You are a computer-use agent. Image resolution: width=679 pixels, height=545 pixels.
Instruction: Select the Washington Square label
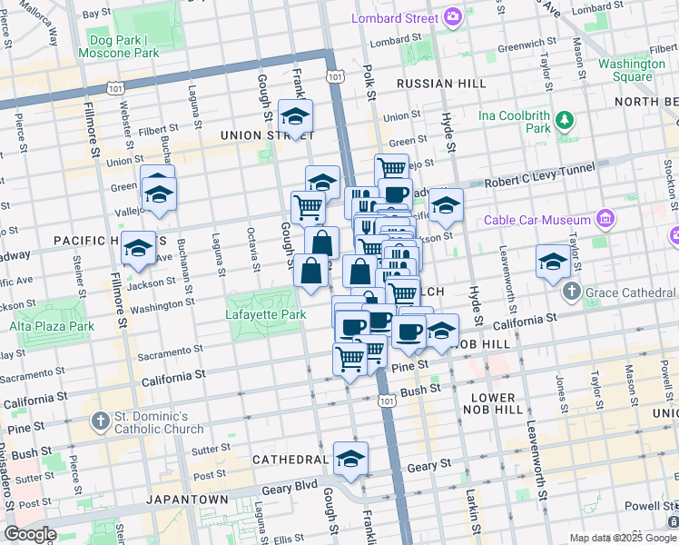(632, 70)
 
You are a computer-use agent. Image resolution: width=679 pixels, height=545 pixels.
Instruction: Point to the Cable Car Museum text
(537, 219)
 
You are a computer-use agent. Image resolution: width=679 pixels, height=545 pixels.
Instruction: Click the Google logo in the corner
(30, 534)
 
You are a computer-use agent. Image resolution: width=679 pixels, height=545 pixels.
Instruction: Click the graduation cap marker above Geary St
(350, 459)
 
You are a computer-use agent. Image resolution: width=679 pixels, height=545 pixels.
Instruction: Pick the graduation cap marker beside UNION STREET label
(295, 117)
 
